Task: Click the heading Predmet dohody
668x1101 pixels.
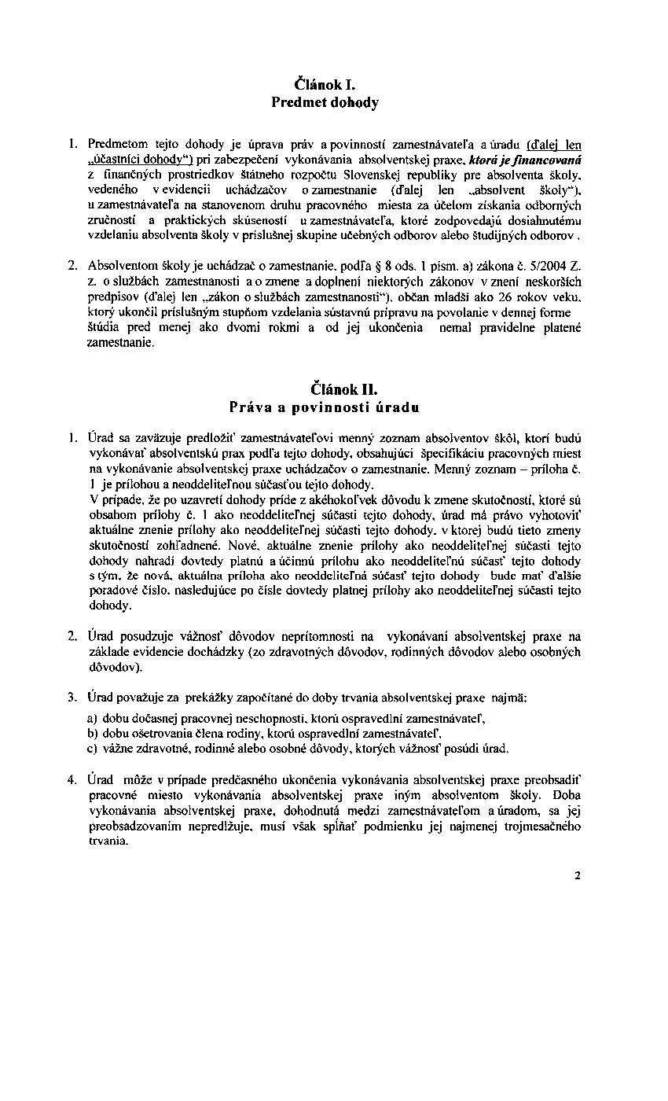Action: [325, 102]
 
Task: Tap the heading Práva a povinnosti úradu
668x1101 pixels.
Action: [324, 407]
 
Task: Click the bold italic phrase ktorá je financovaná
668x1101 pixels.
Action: [536, 158]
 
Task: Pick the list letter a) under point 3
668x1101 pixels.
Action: [93, 718]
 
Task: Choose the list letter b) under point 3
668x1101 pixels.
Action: [93, 733]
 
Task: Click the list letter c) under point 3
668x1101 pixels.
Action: [93, 748]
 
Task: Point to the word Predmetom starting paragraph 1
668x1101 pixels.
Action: [115, 144]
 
